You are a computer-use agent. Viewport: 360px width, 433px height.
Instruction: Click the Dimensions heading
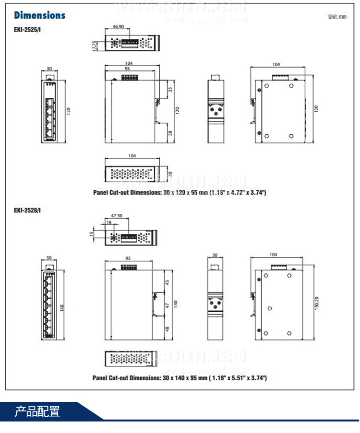click(40, 15)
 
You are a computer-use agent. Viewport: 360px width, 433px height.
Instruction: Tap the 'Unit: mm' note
click(337, 17)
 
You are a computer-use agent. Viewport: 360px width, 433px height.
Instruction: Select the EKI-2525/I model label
click(27, 29)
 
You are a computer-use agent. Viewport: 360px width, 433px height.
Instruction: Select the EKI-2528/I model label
click(27, 210)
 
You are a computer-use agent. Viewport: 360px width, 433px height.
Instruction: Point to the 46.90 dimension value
click(118, 27)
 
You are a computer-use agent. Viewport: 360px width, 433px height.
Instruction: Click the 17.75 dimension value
click(95, 45)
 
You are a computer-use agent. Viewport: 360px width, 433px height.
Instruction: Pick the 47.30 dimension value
click(117, 216)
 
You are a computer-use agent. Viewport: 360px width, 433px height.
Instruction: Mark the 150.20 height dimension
click(316, 304)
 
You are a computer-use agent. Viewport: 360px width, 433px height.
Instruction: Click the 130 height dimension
click(316, 109)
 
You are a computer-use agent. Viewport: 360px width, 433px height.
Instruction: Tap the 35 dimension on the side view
click(170, 89)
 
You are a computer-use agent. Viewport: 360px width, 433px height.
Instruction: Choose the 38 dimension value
click(170, 133)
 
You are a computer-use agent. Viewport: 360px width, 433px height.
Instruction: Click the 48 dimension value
click(167, 329)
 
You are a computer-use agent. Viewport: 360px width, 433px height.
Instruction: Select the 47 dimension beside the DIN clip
click(167, 305)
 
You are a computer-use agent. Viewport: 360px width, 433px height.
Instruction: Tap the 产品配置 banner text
click(37, 411)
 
